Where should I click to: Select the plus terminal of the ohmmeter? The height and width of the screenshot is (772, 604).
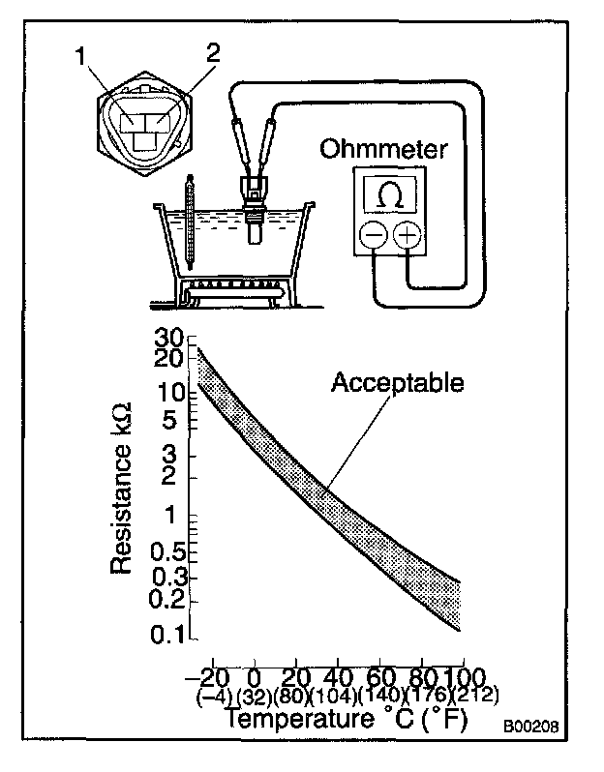407,235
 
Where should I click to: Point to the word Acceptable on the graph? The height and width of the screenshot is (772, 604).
397,382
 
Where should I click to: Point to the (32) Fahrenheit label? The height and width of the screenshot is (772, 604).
253,695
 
